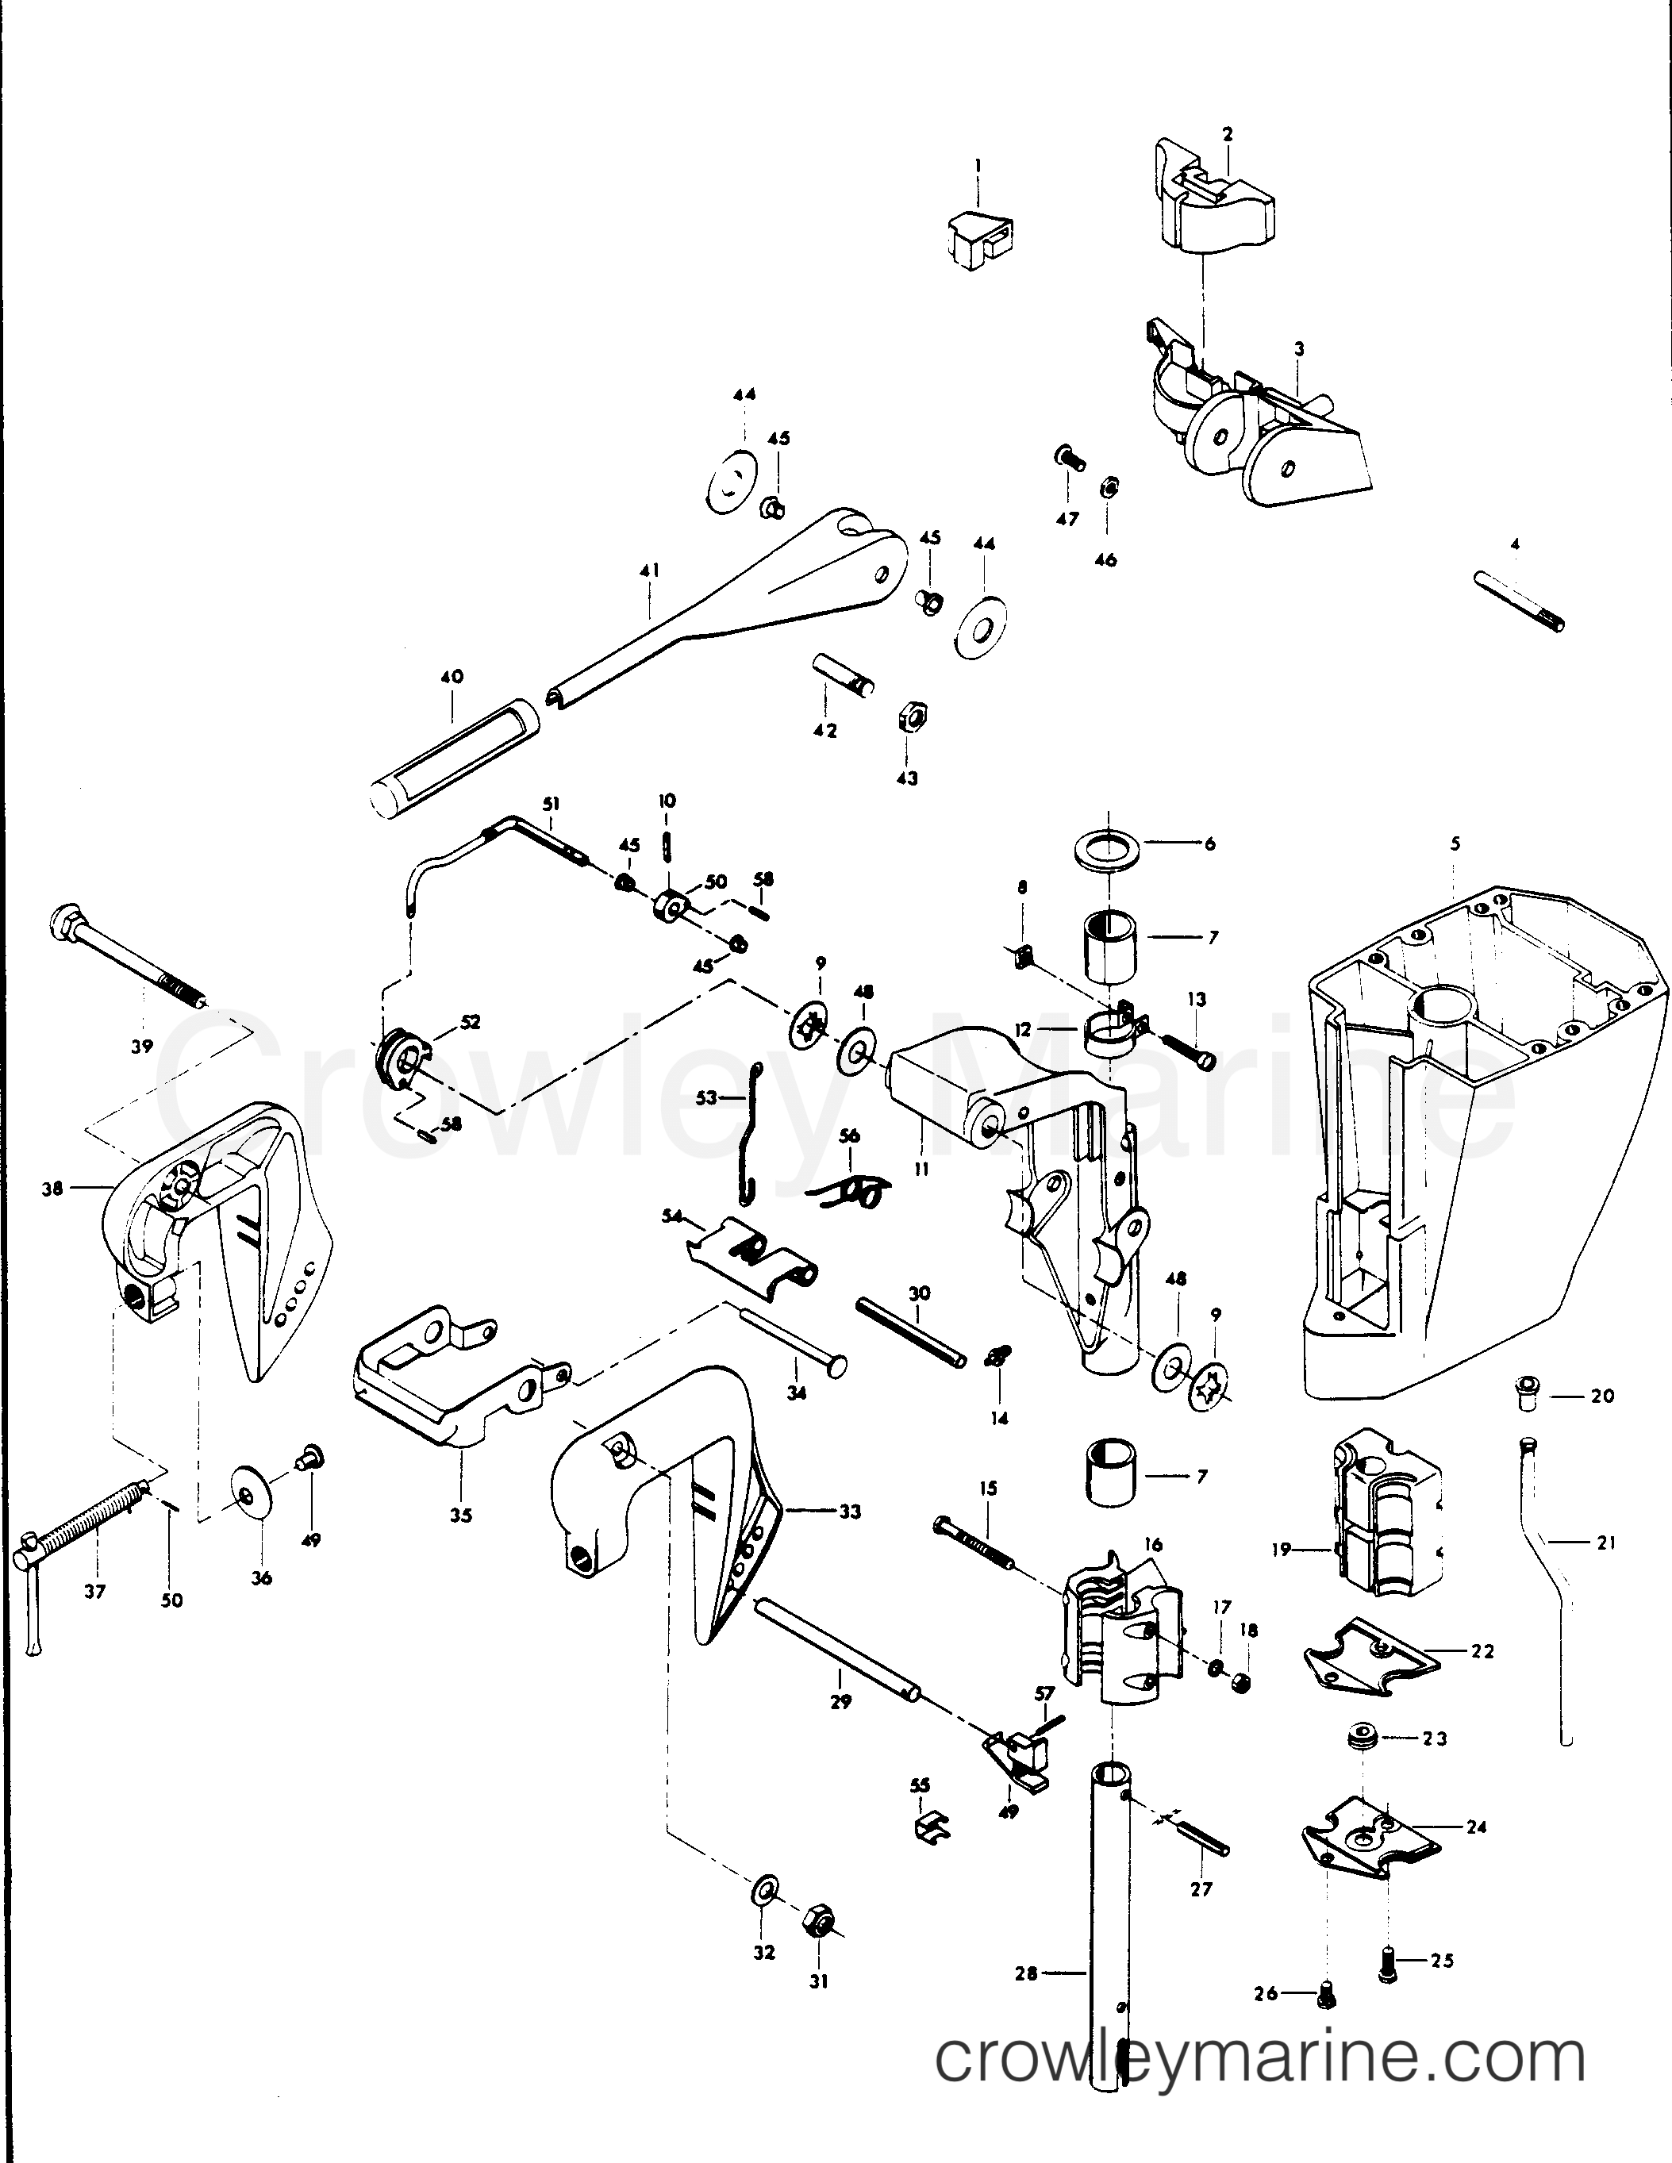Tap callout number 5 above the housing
(x=1455, y=843)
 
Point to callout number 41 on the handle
(x=650, y=571)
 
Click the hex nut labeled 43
(x=909, y=715)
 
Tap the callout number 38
(x=52, y=1188)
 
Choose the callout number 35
(x=460, y=1542)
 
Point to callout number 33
(x=850, y=1512)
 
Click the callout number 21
(x=1605, y=1542)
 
